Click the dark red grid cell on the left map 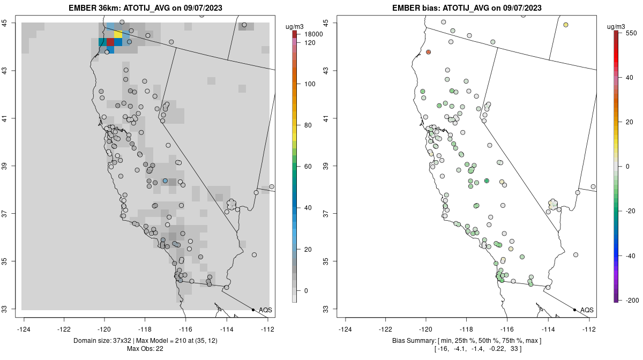pyautogui.click(x=110, y=42)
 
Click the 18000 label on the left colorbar pyautogui.click(x=313, y=34)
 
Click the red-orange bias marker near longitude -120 pyautogui.click(x=429, y=52)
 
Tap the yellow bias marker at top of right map pyautogui.click(x=566, y=25)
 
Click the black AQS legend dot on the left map pyautogui.click(x=253, y=310)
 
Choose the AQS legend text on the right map pyautogui.click(x=587, y=310)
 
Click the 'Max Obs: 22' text pyautogui.click(x=145, y=349)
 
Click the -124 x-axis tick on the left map pyautogui.click(x=24, y=329)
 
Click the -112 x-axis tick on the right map pyautogui.click(x=589, y=329)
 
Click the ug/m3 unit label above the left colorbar pyautogui.click(x=294, y=26)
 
